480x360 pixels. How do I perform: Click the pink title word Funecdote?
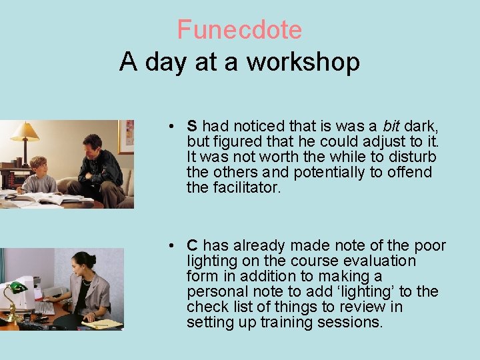[x=239, y=30]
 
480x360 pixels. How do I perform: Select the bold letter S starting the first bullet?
[x=192, y=126]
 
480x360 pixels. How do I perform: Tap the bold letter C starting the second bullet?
[x=192, y=246]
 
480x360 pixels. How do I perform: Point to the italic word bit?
[x=391, y=126]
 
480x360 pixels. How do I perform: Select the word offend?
[x=409, y=173]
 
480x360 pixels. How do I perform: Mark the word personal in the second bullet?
[x=213, y=292]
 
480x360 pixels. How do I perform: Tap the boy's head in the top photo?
[x=39, y=165]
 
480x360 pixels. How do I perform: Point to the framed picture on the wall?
[x=125, y=136]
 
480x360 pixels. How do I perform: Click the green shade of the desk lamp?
[x=17, y=288]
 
